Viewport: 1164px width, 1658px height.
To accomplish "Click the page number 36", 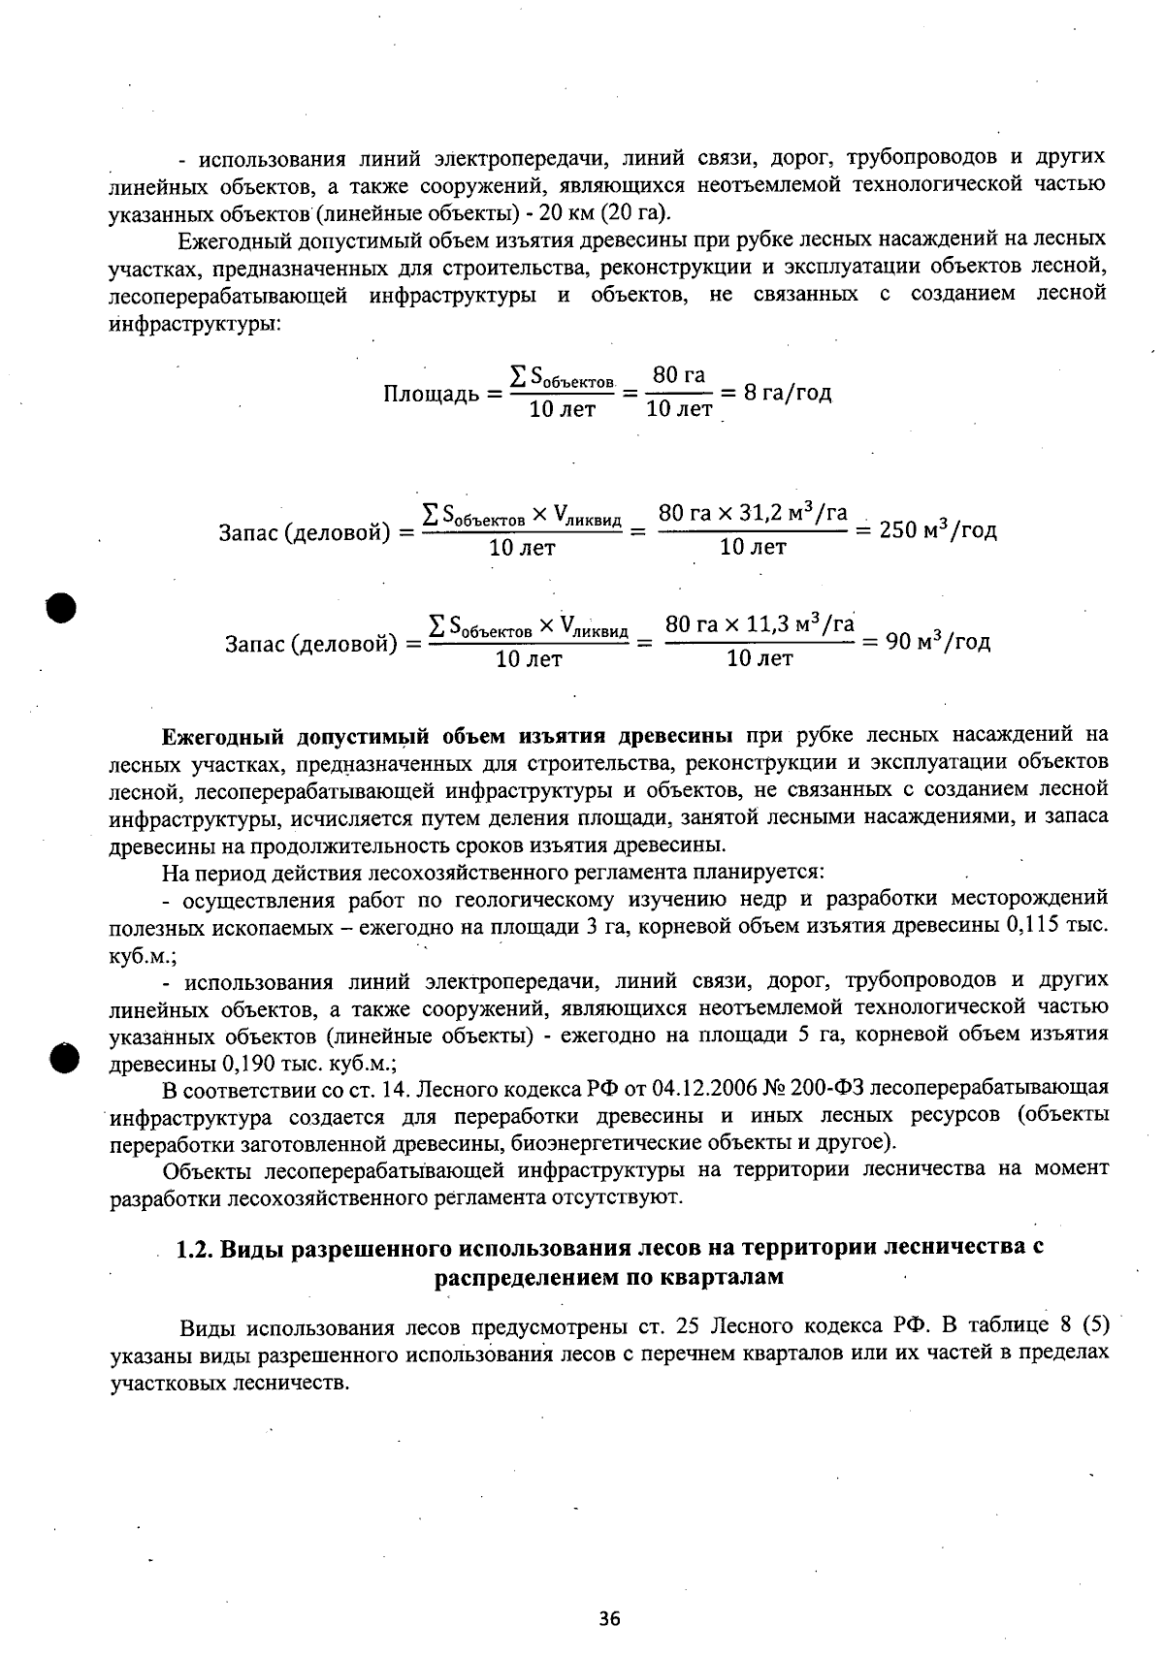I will click(609, 1617).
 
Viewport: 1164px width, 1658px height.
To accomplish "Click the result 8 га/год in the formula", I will click(788, 393).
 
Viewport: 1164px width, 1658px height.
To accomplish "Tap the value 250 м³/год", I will click(937, 530).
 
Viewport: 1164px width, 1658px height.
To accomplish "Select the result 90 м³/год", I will click(939, 642).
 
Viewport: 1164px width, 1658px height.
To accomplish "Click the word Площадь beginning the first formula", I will click(430, 395).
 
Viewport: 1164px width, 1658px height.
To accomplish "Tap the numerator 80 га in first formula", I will click(679, 375).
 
